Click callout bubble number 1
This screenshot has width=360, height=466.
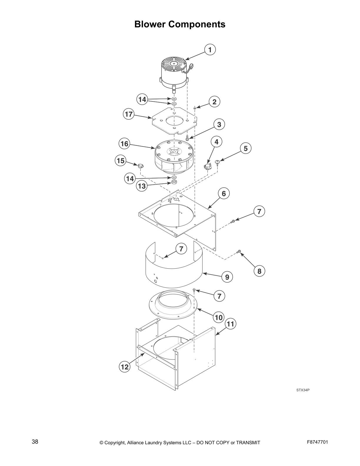[210, 50]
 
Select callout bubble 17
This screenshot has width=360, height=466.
[129, 114]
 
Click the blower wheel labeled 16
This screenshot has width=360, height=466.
[174, 157]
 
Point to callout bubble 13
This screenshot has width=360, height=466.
[142, 186]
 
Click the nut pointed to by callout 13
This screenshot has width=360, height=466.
[174, 183]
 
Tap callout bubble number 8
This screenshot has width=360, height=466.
[259, 271]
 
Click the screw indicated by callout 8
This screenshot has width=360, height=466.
[239, 252]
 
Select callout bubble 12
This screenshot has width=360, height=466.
[125, 367]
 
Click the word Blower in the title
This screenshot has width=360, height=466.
[150, 24]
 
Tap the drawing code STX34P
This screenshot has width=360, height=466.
[303, 390]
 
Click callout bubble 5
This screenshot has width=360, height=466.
[246, 148]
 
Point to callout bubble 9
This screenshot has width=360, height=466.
[227, 277]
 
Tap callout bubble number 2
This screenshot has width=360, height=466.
[214, 102]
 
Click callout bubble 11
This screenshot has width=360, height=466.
[231, 324]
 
